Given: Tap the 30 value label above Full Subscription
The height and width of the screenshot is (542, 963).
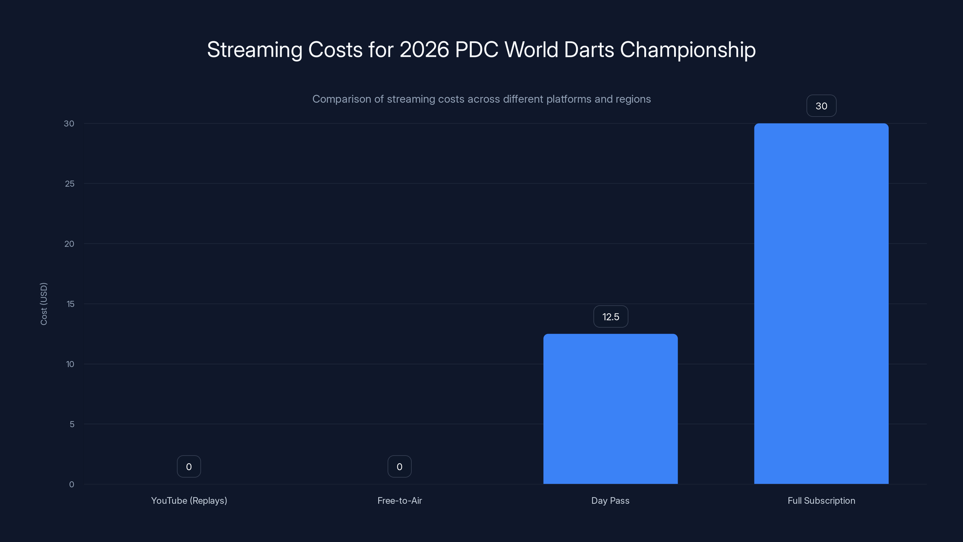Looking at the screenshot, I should pos(821,106).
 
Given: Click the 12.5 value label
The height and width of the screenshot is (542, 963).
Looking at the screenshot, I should pos(611,317).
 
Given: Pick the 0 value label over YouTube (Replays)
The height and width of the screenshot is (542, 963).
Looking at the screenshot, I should pos(189,466).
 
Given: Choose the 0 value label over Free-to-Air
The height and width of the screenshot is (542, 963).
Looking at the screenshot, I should pos(399,466).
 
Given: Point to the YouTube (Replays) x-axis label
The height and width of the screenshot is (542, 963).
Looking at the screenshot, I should pos(189,500).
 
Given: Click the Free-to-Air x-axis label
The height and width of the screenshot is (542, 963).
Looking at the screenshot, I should pos(399,500).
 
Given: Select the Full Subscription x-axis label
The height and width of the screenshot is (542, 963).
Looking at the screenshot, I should pos(821,500).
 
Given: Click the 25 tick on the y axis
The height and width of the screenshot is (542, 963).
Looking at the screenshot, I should pos(70,184).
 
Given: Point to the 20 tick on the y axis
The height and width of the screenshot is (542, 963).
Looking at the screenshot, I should pos(69,244).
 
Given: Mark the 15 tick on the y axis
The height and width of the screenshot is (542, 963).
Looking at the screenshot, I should pos(70,304).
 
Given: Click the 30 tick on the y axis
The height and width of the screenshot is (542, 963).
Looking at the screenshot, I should pos(69,123).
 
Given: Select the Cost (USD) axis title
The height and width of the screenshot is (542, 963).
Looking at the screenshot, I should pos(44,304).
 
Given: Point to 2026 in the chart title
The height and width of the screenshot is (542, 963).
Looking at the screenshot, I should pos(424,49).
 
